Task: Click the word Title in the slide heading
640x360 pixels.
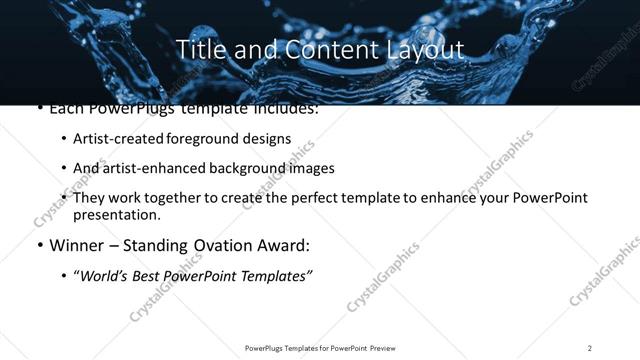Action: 197,49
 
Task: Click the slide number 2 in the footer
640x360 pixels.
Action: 590,347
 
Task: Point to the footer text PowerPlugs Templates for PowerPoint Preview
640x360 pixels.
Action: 320,347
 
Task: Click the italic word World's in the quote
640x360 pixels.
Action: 105,275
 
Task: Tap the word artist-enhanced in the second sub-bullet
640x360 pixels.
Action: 152,169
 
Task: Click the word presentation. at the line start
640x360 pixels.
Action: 116,215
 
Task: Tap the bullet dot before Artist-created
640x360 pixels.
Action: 64,140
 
